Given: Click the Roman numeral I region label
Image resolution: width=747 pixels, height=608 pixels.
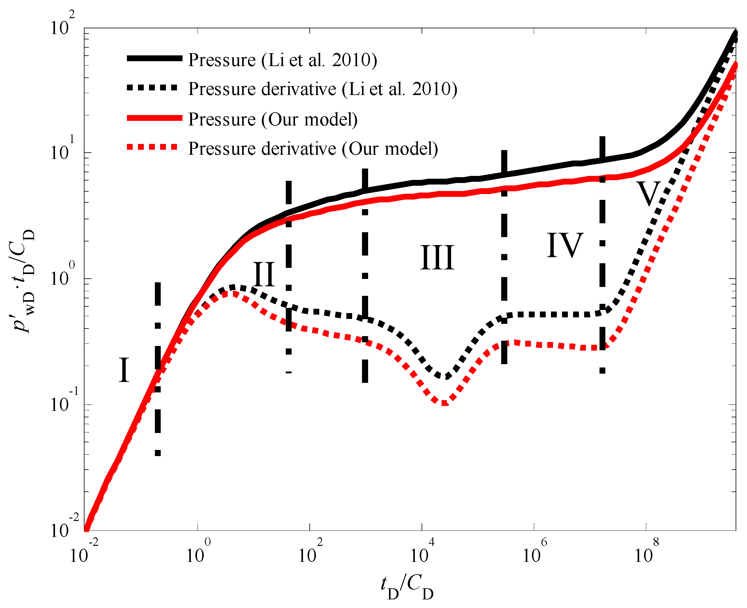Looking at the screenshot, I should coord(124,370).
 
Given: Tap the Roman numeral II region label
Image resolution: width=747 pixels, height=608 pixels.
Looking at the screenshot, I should coord(264,274).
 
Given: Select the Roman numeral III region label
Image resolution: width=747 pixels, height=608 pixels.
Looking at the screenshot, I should coord(437,258).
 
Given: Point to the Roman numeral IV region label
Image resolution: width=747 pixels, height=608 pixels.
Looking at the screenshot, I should coord(565,245).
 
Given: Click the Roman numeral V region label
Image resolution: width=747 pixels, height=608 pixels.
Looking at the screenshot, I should coord(648,194).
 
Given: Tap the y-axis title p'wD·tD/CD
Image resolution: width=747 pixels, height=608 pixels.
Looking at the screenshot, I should coord(24,280).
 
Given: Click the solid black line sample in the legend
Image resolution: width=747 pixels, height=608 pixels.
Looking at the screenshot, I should coord(154,58).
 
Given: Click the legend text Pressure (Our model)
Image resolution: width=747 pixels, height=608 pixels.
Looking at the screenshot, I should coord(273,119).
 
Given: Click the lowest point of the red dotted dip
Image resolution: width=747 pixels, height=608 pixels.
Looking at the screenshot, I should coord(444,403).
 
